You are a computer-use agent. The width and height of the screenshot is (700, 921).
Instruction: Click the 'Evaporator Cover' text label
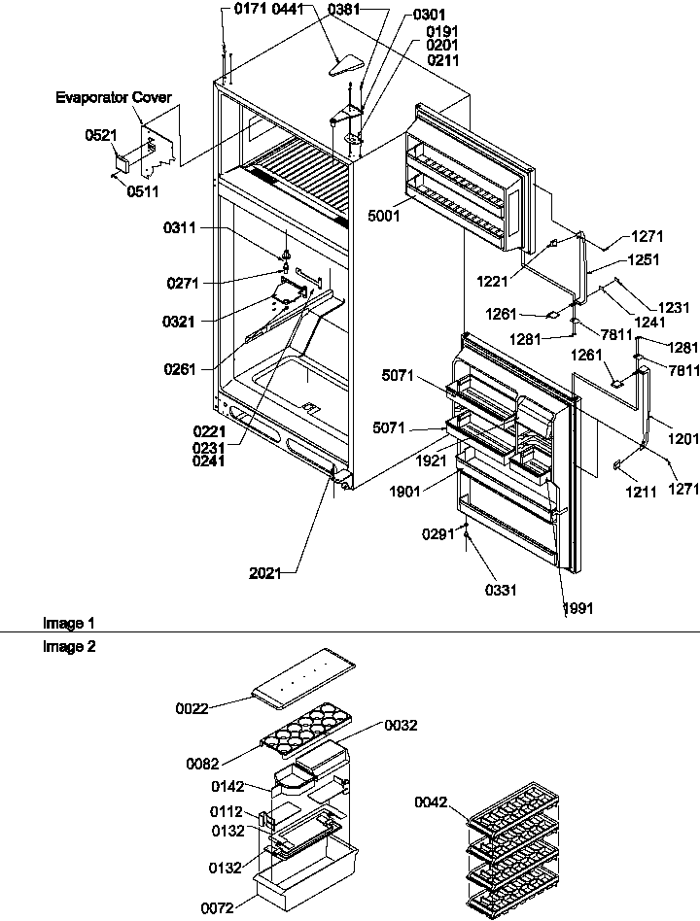pyautogui.click(x=113, y=98)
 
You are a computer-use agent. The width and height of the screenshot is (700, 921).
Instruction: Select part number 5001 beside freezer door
pyautogui.click(x=384, y=217)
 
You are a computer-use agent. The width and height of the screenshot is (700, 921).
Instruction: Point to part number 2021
pyautogui.click(x=264, y=573)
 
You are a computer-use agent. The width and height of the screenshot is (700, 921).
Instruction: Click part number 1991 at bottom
pyautogui.click(x=577, y=608)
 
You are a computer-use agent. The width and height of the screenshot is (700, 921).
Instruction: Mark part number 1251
pyautogui.click(x=643, y=260)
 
